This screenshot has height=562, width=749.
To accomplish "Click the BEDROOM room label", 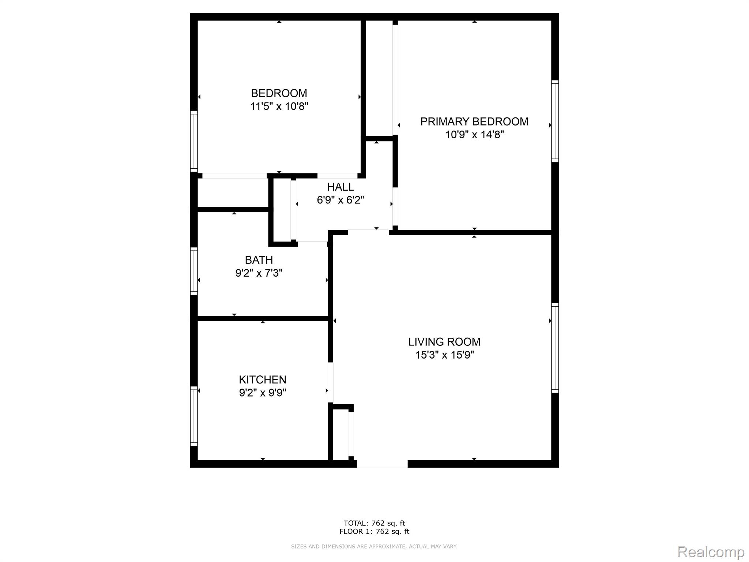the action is pos(279,93).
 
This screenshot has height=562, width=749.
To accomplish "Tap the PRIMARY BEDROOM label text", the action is pos(474,121).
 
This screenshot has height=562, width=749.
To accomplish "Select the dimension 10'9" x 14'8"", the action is pos(474,135).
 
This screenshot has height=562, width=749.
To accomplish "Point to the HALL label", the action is pos(340,187).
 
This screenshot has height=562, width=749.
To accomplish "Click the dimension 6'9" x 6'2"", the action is pos(340,200).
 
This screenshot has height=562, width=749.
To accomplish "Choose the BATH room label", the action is pos(259,260).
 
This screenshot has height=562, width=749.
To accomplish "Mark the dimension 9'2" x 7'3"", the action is pos(259,273).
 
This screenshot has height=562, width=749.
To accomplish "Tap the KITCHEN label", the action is pos(263,379).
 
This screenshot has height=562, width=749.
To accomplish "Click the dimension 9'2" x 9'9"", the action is pos(263,393).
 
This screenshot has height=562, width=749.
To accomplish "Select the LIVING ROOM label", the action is pos(444,342).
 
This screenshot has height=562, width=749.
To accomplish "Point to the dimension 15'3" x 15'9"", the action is pos(444,355).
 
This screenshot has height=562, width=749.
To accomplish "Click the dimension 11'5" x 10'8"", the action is pos(279,106).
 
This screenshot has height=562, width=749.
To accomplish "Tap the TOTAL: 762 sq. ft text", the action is pos(374,523).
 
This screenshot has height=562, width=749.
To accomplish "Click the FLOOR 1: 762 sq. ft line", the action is pos(374,532).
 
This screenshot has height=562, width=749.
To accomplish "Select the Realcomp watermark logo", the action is pos(711,552).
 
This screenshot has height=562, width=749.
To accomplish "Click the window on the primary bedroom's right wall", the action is pos(555,121).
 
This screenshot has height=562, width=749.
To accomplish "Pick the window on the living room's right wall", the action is pos(555,348).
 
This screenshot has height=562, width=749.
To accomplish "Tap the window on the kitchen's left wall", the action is pos(194,416).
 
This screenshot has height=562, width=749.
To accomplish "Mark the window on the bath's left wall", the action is pos(194,271).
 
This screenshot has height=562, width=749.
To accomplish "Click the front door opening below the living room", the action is pos(382,464).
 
